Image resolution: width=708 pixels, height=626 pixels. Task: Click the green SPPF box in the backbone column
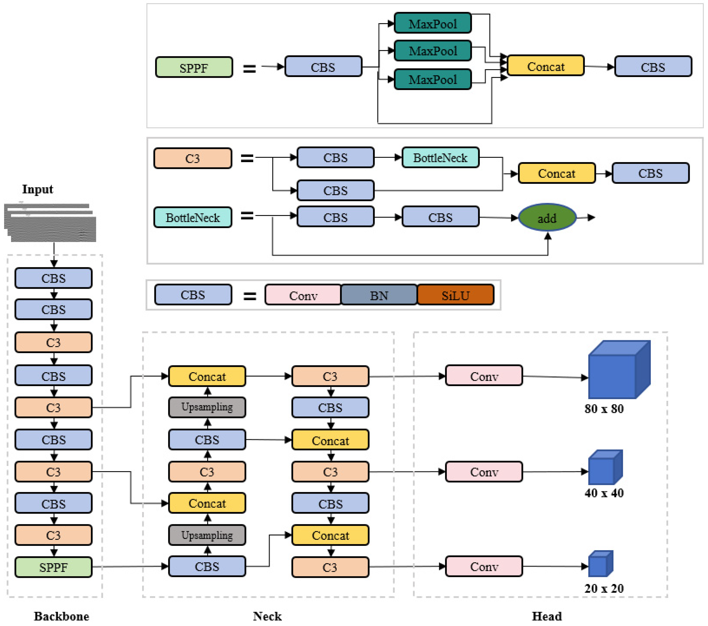pyautogui.click(x=53, y=567)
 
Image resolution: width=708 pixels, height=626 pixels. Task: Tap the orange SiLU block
pyautogui.click(x=455, y=295)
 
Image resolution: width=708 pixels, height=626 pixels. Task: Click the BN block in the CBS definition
pyautogui.click(x=379, y=295)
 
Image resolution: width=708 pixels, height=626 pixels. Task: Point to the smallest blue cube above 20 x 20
pyautogui.click(x=600, y=564)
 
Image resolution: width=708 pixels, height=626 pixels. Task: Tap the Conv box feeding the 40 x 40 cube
pyautogui.click(x=484, y=472)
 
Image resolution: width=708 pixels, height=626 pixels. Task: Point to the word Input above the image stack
pyautogui.click(x=38, y=189)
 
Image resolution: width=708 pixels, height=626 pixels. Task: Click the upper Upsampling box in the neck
pyautogui.click(x=207, y=407)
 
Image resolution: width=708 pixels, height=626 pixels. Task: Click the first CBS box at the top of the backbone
pyautogui.click(x=53, y=278)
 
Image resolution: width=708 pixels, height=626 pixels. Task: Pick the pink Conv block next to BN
pyautogui.click(x=303, y=295)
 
